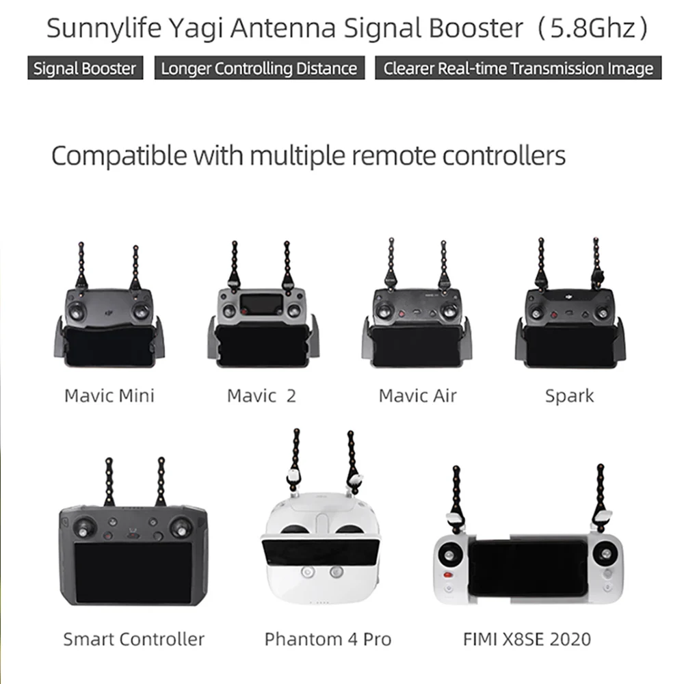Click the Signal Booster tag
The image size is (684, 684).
point(85,68)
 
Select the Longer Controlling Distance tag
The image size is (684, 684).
point(259,68)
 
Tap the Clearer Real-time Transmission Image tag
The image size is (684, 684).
point(518,68)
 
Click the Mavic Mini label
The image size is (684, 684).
point(109,395)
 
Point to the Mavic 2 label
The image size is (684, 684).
point(261,395)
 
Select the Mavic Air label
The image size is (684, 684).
point(417,395)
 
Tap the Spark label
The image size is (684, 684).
point(569,395)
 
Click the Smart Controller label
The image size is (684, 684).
point(133,639)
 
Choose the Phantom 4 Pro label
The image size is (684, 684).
point(328,639)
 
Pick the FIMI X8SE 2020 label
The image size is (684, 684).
point(527,639)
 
